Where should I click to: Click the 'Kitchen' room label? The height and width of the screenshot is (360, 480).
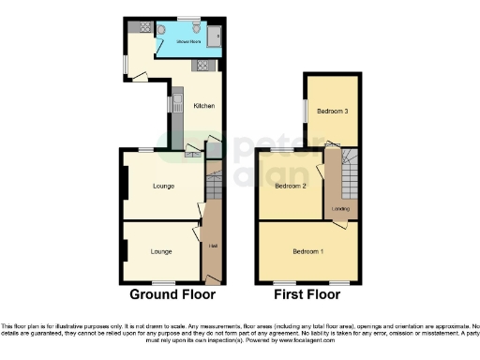click(203, 106)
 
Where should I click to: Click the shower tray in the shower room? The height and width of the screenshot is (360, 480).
click(214, 36)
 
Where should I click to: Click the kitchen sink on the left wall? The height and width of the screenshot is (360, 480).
click(176, 102)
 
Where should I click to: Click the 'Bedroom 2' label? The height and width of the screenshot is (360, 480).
click(291, 186)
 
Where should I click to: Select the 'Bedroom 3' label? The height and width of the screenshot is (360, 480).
click(331, 112)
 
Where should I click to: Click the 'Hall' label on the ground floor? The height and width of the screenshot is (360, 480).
click(213, 246)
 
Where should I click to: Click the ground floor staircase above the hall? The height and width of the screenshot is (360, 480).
click(212, 183)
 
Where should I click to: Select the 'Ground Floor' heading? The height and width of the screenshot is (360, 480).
click(172, 294)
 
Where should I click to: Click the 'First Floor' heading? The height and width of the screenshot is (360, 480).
click(307, 294)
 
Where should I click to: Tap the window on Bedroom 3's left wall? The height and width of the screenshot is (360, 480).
click(303, 111)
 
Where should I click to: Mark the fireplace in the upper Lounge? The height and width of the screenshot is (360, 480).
click(122, 185)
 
